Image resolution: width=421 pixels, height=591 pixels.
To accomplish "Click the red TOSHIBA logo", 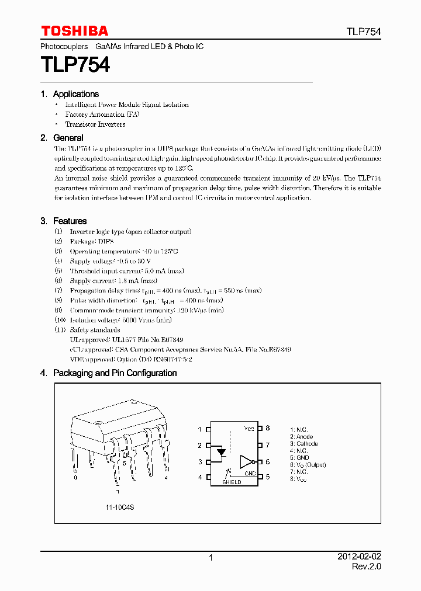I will pos(74,31).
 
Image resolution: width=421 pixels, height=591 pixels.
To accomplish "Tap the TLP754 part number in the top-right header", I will pos(363,32).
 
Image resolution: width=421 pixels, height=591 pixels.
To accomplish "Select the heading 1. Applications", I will pos(70,94).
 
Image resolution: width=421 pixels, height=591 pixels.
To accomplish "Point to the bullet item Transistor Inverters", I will pos(95,124).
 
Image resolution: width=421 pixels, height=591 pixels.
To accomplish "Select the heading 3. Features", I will pos(64,221).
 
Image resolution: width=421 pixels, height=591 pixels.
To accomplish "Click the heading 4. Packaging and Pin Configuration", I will pos(109,373).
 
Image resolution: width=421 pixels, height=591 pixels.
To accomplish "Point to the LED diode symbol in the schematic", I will pos(221,452).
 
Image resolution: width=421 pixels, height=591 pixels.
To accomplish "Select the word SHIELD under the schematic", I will pos(232,482).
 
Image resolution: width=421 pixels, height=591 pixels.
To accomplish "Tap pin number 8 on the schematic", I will pos(268,429).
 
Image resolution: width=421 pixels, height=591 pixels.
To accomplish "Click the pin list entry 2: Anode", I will pos(302,437).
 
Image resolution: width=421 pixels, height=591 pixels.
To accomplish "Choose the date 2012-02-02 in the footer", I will pos(358,557).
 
